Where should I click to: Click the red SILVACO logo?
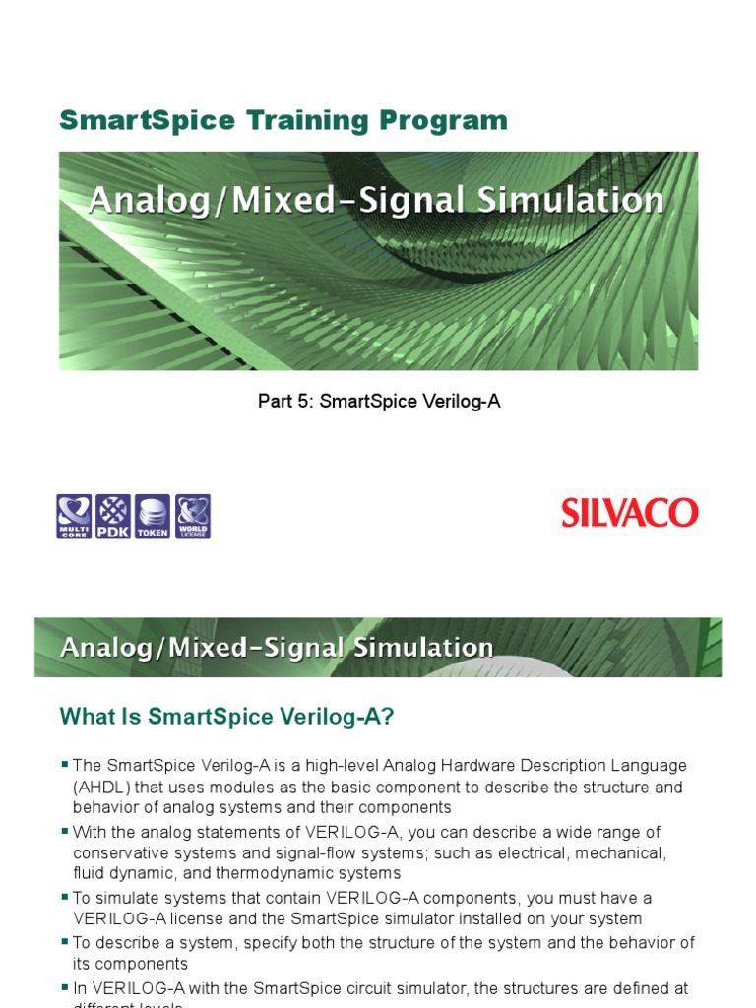pyautogui.click(x=630, y=513)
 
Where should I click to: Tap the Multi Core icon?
pyautogui.click(x=74, y=516)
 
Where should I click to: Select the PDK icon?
pyautogui.click(x=113, y=516)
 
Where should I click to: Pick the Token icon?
pyautogui.click(x=153, y=516)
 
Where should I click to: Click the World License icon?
pyautogui.click(x=192, y=516)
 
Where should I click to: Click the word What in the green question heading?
pyautogui.click(x=89, y=718)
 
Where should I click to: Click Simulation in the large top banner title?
pyautogui.click(x=570, y=200)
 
